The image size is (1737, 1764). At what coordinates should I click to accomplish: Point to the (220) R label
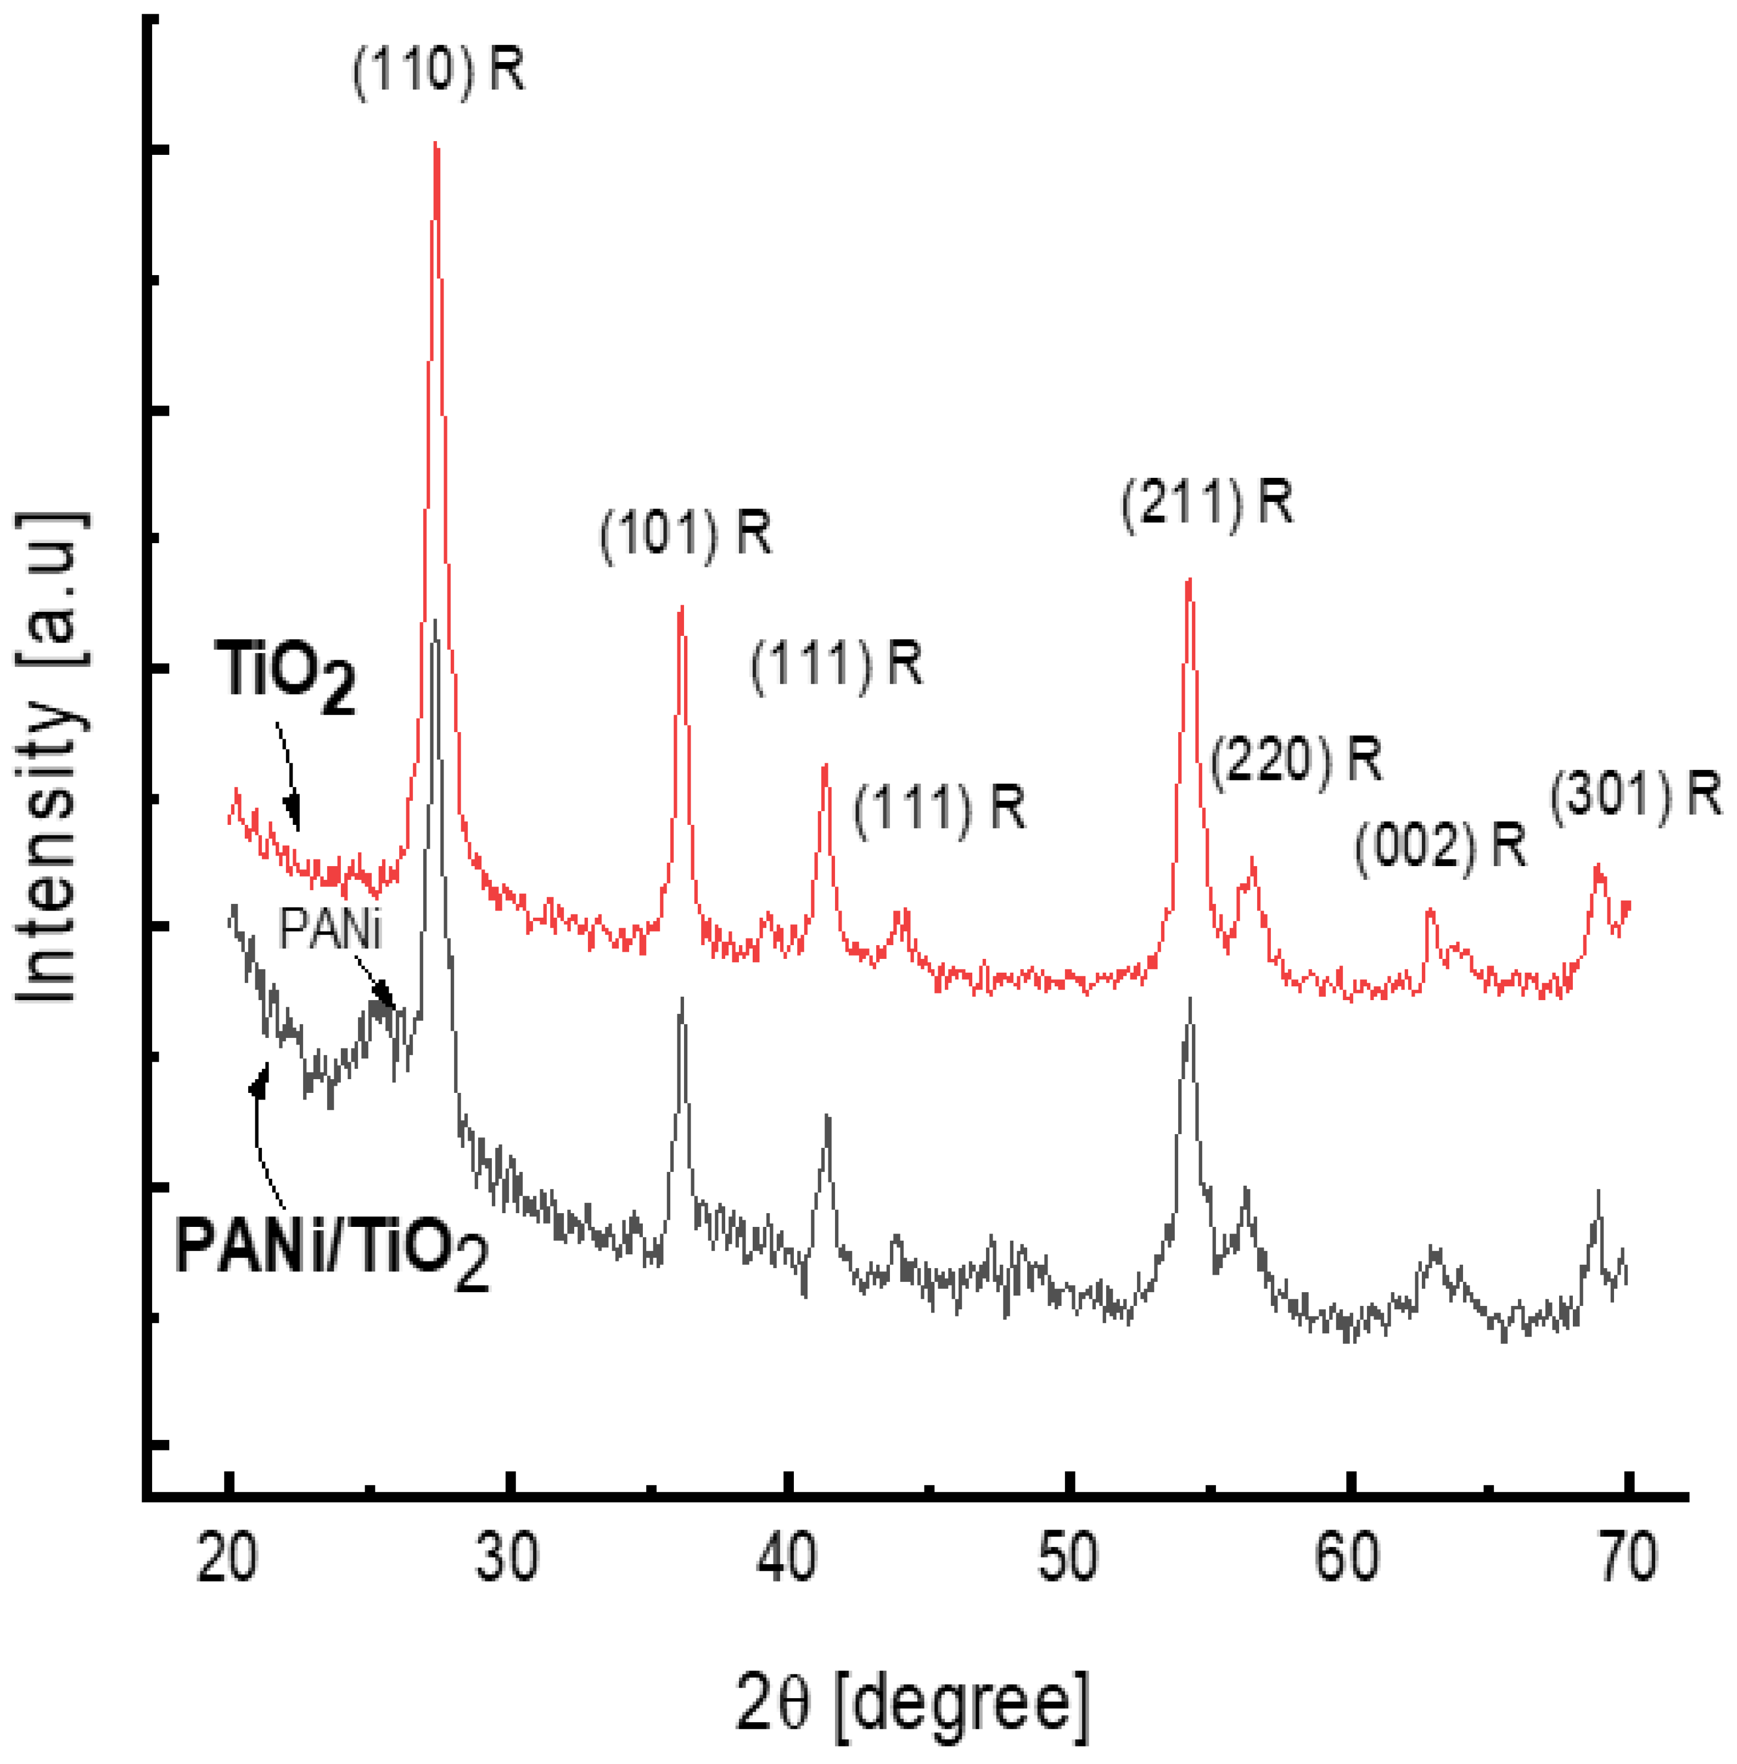(x=1296, y=760)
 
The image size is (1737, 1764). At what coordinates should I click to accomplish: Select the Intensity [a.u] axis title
(x=52, y=757)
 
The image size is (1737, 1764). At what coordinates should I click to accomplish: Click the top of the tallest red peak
(x=436, y=146)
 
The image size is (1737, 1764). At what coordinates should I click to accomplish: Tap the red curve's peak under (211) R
(x=1189, y=581)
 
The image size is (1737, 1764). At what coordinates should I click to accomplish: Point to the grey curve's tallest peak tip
(x=435, y=622)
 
